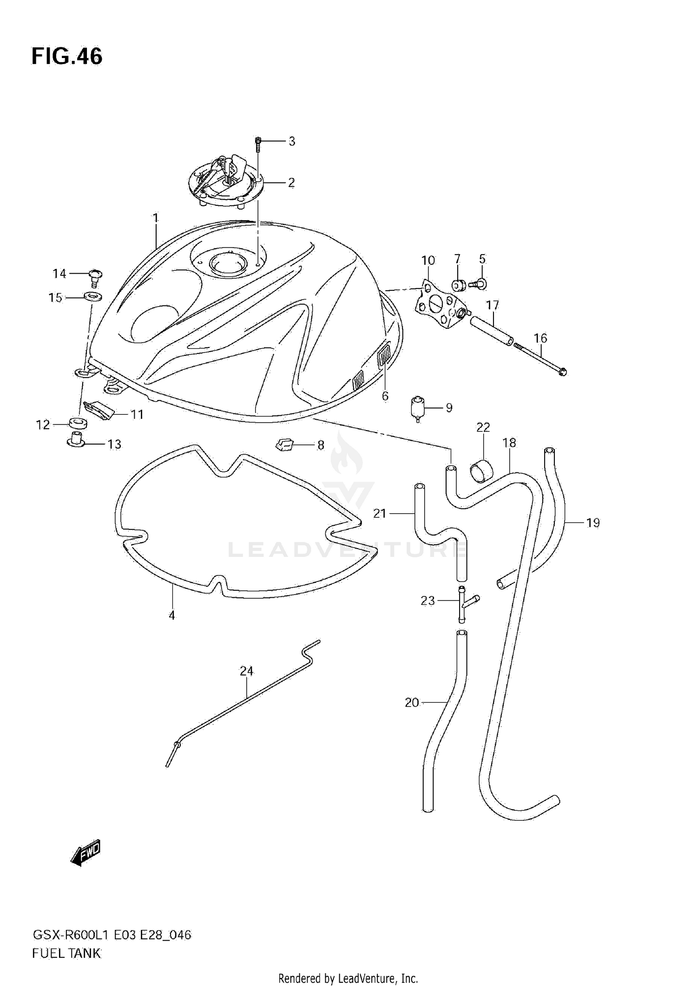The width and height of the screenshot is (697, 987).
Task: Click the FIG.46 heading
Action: click(x=67, y=56)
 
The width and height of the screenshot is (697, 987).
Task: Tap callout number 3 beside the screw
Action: click(x=292, y=141)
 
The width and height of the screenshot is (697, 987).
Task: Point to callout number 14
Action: click(x=59, y=274)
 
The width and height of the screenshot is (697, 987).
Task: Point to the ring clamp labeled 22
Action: click(x=482, y=472)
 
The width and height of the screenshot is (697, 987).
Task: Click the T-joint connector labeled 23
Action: click(x=463, y=603)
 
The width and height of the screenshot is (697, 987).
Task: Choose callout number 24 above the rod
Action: click(x=247, y=671)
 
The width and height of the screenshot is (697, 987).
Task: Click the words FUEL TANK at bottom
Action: click(x=66, y=954)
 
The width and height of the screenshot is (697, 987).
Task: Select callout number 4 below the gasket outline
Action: click(x=172, y=615)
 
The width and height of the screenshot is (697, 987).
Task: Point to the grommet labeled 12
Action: click(x=78, y=423)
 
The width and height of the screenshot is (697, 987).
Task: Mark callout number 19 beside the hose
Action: click(x=593, y=523)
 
